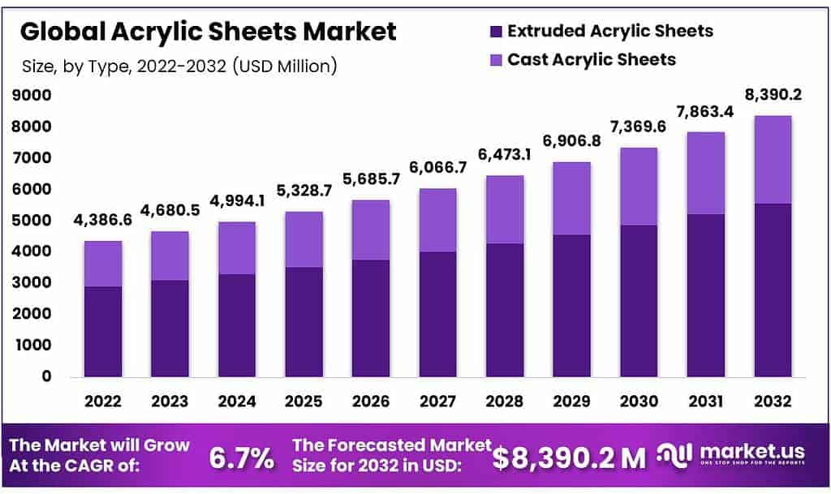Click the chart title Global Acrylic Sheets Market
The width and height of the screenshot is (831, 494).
[x=209, y=32]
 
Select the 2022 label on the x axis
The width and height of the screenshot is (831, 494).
[x=102, y=401]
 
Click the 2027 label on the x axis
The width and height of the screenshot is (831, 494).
[x=437, y=401]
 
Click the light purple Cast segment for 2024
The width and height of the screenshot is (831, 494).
[x=236, y=248]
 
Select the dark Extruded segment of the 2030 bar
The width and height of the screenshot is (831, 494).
[x=638, y=301]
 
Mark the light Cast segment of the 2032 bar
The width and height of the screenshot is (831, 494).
[x=772, y=160]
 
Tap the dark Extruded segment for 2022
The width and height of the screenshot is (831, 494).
[x=102, y=332]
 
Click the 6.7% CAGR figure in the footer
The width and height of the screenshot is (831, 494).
[x=241, y=458]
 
